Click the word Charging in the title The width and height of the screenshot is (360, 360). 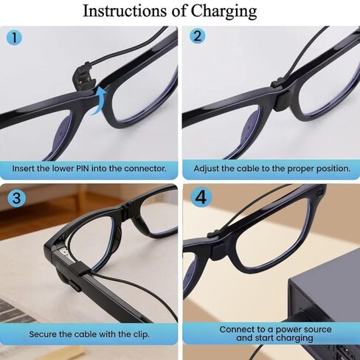tap(222, 12)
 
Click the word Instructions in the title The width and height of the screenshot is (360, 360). tap(130, 11)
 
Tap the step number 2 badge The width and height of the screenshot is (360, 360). tap(197, 38)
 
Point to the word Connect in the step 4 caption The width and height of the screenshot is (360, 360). tap(239, 329)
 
